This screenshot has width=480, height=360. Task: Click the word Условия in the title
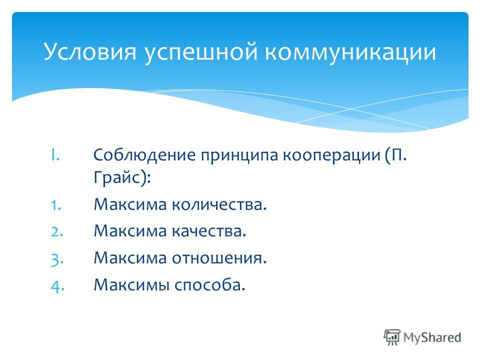coord(89,51)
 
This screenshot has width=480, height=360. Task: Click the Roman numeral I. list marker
coord(55,155)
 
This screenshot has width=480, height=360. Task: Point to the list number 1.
coord(56,205)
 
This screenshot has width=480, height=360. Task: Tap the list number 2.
coord(57,231)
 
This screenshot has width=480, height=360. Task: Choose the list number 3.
coord(57,259)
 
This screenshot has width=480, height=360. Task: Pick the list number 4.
coord(57,286)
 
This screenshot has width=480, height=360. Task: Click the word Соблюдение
coord(144,155)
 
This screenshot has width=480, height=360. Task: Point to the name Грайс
coord(117,177)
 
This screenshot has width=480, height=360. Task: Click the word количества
coord(218,204)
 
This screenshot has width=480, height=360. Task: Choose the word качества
coord(208,231)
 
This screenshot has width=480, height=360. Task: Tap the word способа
coord(209,285)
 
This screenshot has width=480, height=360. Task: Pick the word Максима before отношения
coord(130,258)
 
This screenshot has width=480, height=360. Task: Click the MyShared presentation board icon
coord(392,337)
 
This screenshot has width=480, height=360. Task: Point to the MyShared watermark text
coord(432,337)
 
